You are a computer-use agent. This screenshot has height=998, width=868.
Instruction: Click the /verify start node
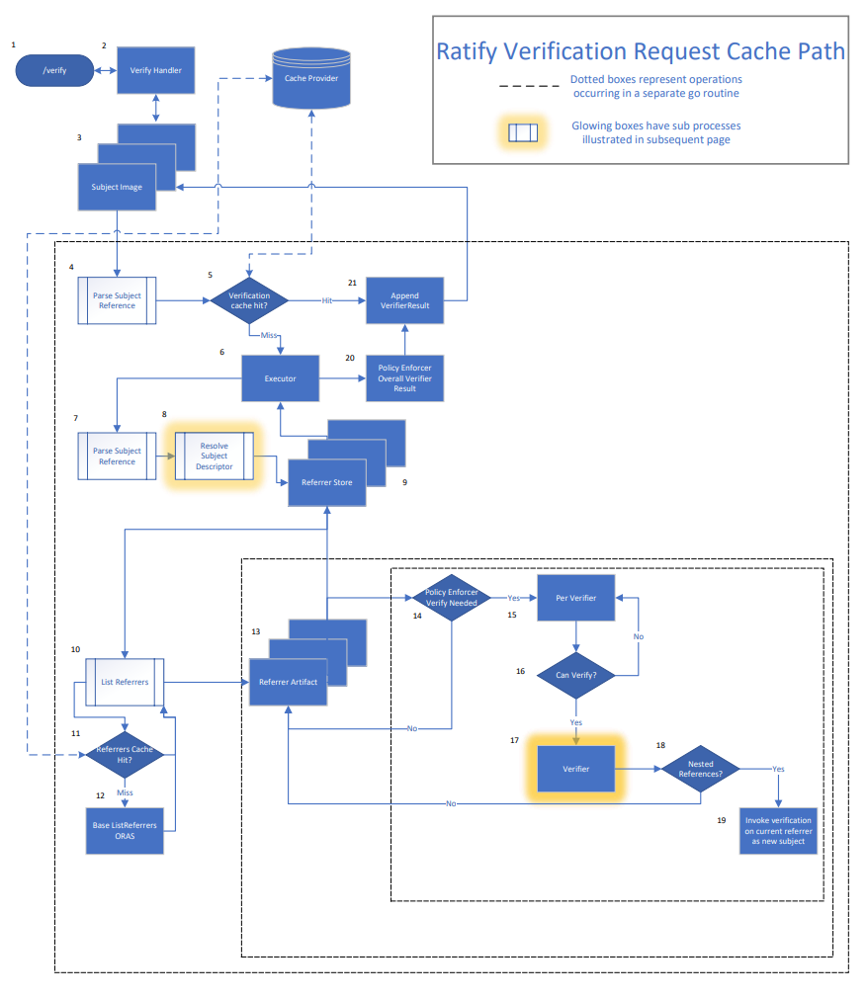(x=53, y=71)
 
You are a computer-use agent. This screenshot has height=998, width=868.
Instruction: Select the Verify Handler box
(x=155, y=71)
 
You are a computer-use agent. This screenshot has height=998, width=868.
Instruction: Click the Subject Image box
(x=117, y=187)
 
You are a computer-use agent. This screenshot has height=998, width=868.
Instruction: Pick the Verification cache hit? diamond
(x=248, y=300)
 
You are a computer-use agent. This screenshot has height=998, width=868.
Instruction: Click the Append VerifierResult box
(x=404, y=300)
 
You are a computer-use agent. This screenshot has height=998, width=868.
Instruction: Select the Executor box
(x=280, y=378)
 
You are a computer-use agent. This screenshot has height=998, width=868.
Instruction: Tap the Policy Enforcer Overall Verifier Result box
(x=404, y=378)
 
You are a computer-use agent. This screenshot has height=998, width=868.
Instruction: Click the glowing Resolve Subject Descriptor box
(x=214, y=456)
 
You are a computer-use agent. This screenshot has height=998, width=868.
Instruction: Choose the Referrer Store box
(x=326, y=482)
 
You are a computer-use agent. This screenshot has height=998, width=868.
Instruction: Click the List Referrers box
(x=125, y=682)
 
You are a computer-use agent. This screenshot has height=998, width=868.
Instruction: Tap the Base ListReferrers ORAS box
(x=124, y=830)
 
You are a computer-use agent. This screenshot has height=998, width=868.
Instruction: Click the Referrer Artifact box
(x=288, y=682)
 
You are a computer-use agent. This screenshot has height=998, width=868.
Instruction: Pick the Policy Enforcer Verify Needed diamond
(x=451, y=597)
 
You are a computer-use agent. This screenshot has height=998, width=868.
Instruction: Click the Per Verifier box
(x=575, y=598)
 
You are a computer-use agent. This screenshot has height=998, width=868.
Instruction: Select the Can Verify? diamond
(x=575, y=676)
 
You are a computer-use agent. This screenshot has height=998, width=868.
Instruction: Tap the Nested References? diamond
(x=700, y=769)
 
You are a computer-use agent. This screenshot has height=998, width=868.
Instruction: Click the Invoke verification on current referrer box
(x=778, y=831)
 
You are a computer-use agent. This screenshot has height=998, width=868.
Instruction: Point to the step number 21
(x=352, y=282)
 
